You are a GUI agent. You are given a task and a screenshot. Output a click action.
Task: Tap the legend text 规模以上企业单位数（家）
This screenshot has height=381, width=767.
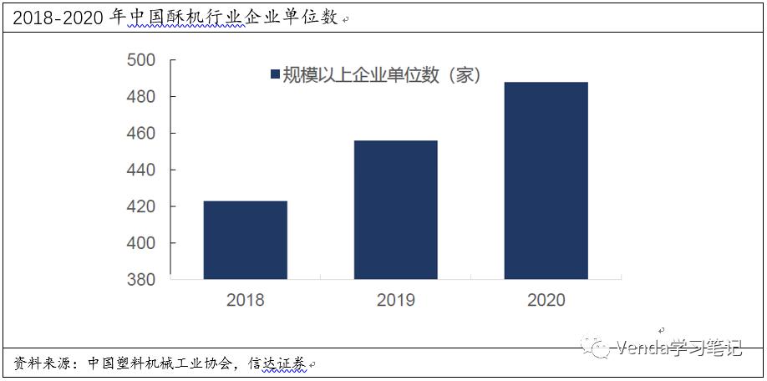coord(381,75)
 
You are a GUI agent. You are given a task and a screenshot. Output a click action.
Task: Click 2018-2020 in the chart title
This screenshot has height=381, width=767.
coord(58,17)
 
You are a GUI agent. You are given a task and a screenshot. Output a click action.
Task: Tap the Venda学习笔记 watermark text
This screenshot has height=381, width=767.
coord(678,348)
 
